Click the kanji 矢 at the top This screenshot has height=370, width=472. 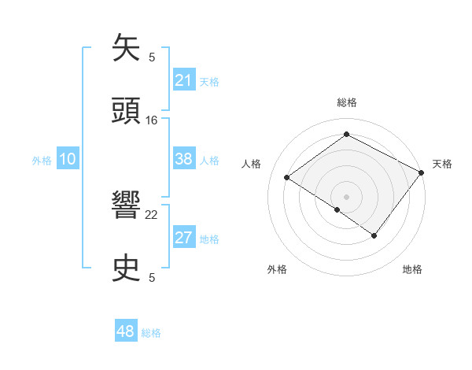[127, 49]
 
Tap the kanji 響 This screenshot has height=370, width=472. [127, 206]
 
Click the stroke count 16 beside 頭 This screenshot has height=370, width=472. [152, 120]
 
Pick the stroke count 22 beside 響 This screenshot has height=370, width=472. [152, 214]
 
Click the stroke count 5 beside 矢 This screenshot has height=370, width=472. [152, 57]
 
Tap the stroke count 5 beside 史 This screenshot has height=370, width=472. [152, 277]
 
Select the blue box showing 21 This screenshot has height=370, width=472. [183, 80]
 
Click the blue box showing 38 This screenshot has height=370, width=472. [183, 159]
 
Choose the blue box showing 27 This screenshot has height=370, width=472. [183, 238]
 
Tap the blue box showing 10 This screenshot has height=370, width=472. [68, 159]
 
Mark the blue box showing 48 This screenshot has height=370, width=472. [126, 331]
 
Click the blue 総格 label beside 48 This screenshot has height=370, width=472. [151, 333]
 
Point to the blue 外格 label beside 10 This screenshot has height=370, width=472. [42, 161]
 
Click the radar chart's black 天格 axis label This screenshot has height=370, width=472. [442, 164]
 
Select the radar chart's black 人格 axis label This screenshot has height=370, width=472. [252, 164]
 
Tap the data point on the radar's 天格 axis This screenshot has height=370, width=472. [422, 172]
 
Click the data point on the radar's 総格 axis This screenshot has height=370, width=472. [346, 134]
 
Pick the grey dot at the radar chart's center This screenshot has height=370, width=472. [346, 196]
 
